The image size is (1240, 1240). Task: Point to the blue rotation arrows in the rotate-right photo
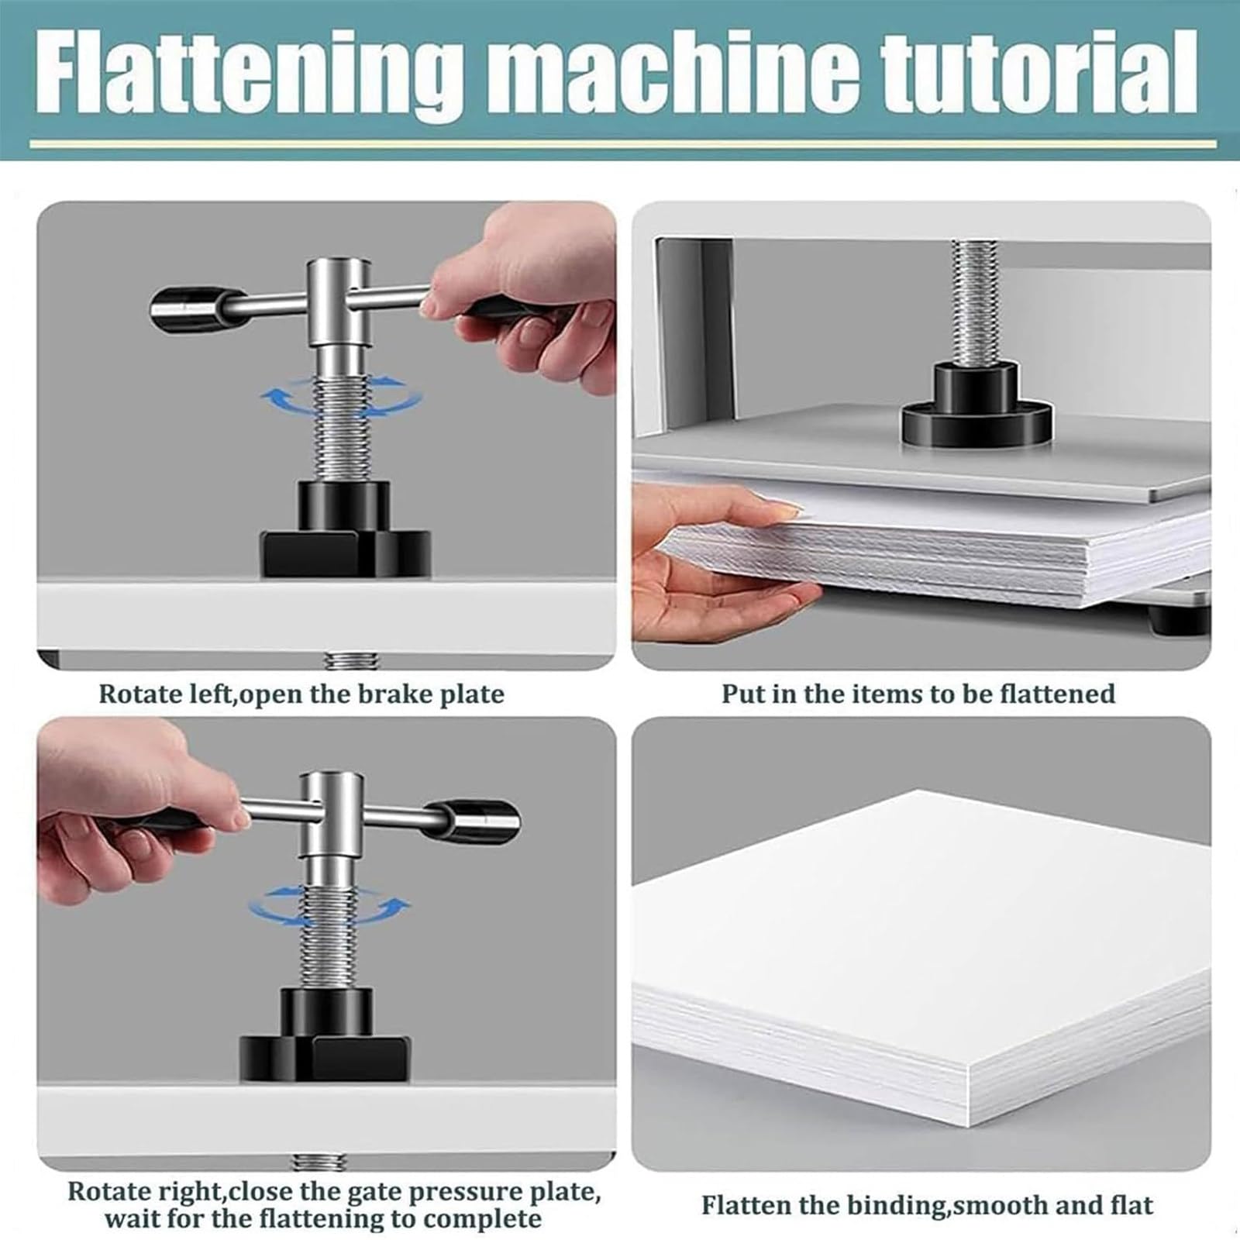tap(329, 905)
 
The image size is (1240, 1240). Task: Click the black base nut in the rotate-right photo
tap(324, 1035)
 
